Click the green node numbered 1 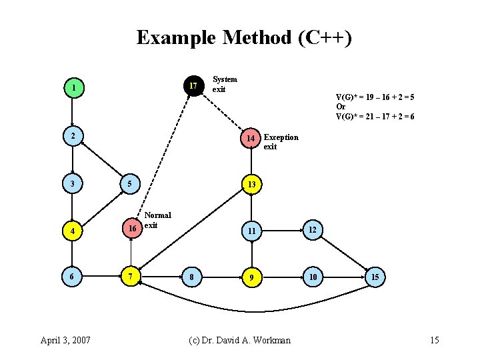tap(74, 87)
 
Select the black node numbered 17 tap(193, 85)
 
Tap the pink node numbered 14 tap(251, 138)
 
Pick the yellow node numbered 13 tap(251, 183)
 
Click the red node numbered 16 tap(132, 229)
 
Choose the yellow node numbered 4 tap(74, 231)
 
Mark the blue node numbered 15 tap(375, 277)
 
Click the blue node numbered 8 tap(192, 277)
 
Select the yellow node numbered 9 tap(251, 277)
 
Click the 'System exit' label tap(224, 84)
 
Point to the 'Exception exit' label tap(281, 142)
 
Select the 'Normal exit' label tap(157, 220)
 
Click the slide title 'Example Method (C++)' tap(243, 37)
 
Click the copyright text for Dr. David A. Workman tap(240, 340)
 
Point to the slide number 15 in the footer tap(434, 340)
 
